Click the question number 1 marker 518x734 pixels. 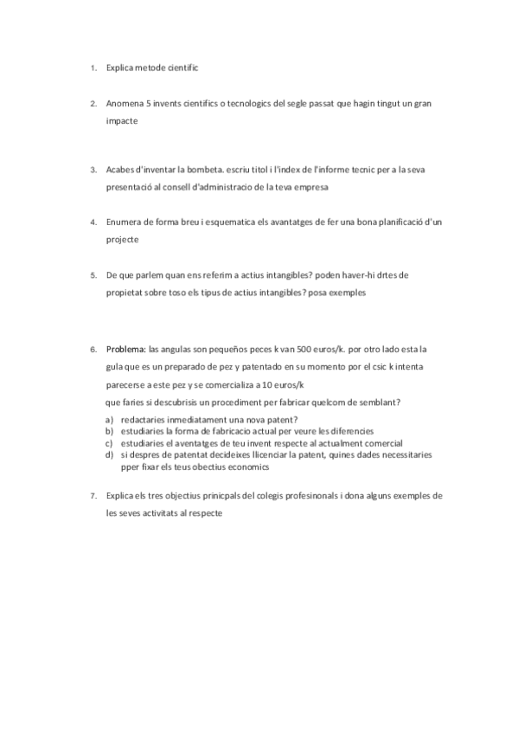click(x=93, y=67)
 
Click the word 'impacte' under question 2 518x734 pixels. click(x=121, y=121)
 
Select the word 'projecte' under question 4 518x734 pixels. click(x=122, y=239)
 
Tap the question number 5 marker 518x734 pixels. click(x=93, y=274)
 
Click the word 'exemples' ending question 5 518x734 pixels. click(x=348, y=293)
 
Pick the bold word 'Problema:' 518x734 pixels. click(x=125, y=350)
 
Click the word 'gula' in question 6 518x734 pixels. click(x=115, y=367)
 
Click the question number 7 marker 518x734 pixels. click(x=93, y=496)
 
